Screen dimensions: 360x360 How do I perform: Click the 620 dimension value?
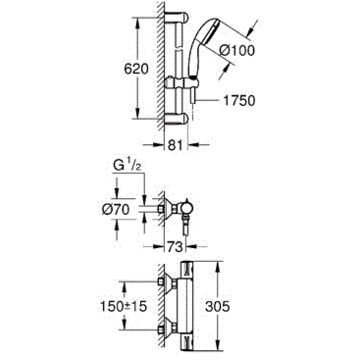pyautogui.click(x=136, y=69)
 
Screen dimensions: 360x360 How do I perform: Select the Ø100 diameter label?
pyautogui.click(x=238, y=51)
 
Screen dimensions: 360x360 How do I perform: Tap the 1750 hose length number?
pyautogui.click(x=239, y=100)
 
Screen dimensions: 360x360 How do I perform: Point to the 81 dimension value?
pyautogui.click(x=175, y=145)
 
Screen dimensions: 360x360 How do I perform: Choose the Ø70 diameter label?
pyautogui.click(x=116, y=210)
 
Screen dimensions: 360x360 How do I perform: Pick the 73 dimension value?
pyautogui.click(x=175, y=247)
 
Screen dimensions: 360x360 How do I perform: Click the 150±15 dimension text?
pyautogui.click(x=124, y=306)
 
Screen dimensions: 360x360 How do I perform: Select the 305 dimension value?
pyautogui.click(x=217, y=306)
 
